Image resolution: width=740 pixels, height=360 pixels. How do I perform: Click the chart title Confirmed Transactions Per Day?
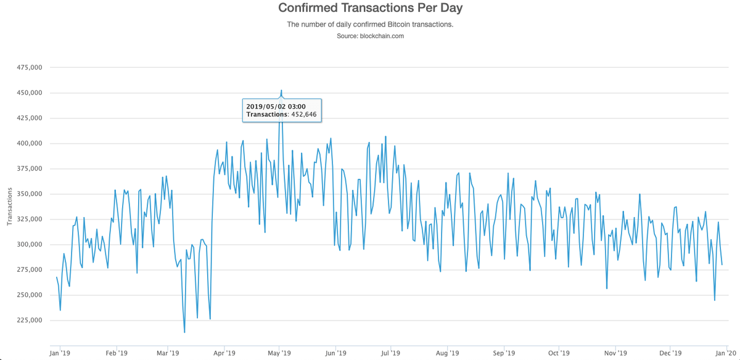[x=370, y=9]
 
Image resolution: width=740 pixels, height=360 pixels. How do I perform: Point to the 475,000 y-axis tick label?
[x=29, y=68]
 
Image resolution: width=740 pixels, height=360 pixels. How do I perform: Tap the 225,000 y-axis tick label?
[x=29, y=321]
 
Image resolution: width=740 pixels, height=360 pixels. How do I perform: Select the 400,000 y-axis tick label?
[x=29, y=144]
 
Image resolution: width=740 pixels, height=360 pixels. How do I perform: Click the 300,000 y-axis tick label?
[x=29, y=245]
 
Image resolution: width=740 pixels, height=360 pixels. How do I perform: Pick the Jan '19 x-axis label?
[x=60, y=353]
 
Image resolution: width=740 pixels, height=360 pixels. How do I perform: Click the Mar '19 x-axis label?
[x=168, y=353]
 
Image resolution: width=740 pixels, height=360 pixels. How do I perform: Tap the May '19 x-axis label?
[x=279, y=353]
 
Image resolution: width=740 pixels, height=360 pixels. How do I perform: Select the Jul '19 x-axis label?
[x=390, y=353]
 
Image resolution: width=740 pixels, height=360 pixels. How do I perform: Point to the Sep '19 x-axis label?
[x=504, y=353]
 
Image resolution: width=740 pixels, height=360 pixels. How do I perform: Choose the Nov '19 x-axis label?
[x=615, y=353]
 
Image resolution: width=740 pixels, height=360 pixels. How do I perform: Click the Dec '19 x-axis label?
[x=670, y=353]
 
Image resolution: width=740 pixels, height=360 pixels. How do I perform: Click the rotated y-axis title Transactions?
[x=10, y=207]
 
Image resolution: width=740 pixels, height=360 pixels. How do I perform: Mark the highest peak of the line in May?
[x=281, y=90]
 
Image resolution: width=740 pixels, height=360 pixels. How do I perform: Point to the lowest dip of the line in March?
[x=184, y=332]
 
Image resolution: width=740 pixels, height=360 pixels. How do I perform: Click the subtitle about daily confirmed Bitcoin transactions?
[x=370, y=25]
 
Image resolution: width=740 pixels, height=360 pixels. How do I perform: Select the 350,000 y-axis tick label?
[x=29, y=194]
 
